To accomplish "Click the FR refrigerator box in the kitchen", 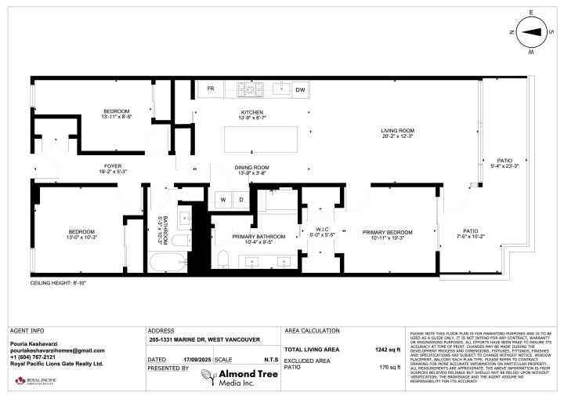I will pos(211,89).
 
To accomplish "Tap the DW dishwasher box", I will pos(300,89).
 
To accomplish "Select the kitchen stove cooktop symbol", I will pos(247,89).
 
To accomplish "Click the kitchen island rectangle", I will pos(251,139).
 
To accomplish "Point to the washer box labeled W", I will pos(223,200).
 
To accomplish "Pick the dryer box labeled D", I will pos(241,200).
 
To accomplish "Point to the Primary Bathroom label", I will pos(255,239).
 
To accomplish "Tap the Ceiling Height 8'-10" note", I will pos(58,282).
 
